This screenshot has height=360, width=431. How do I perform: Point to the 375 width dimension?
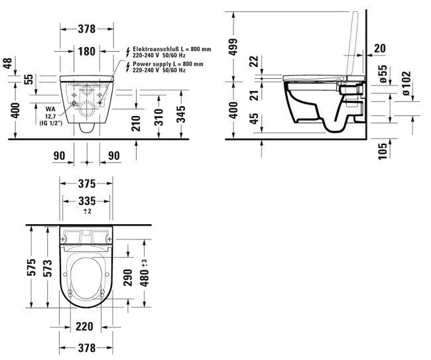click(87, 184)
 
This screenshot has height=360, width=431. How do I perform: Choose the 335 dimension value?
click(87, 201)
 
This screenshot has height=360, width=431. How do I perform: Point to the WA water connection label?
click(50, 108)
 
